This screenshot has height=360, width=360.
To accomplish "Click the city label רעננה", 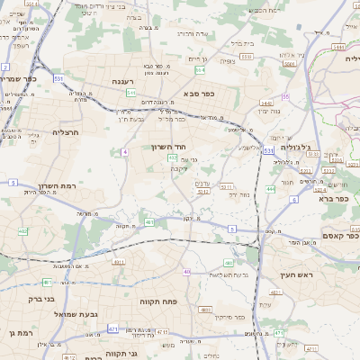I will tap(129, 81).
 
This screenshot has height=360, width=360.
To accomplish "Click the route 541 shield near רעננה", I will tap(130, 92).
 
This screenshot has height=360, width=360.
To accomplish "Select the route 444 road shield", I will tap(271, 189).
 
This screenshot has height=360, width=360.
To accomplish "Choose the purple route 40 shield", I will tap(186, 271).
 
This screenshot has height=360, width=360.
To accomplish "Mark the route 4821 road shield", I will tap(205, 310).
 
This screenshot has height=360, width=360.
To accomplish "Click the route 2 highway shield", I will tap(5, 67).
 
